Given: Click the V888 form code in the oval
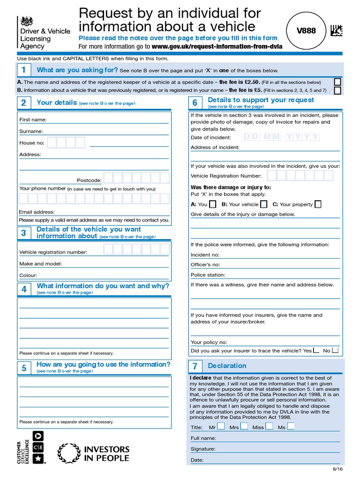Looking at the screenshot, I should [x=306, y=31].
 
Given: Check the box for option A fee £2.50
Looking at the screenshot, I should [x=337, y=82].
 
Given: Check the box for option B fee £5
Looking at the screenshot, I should [x=337, y=90].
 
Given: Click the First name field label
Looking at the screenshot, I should [x=33, y=120].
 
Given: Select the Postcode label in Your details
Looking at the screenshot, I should [x=89, y=180].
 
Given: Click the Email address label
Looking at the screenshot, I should [x=37, y=212].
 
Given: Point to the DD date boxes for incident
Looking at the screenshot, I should [x=251, y=137].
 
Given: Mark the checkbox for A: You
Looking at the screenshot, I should [x=213, y=204].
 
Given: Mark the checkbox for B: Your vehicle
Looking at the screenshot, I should [x=264, y=204].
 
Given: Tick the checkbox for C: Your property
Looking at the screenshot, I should [x=318, y=204].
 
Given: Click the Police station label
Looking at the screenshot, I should [x=208, y=275].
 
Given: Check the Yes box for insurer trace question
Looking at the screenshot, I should [x=316, y=350].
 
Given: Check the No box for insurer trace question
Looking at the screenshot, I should [x=335, y=350].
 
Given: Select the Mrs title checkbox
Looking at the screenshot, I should [x=244, y=427].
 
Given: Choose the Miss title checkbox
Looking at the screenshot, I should [x=269, y=427].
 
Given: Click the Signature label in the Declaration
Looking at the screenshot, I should [x=203, y=449].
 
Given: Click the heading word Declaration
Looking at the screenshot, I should [x=227, y=366].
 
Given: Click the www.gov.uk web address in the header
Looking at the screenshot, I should [x=217, y=46].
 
